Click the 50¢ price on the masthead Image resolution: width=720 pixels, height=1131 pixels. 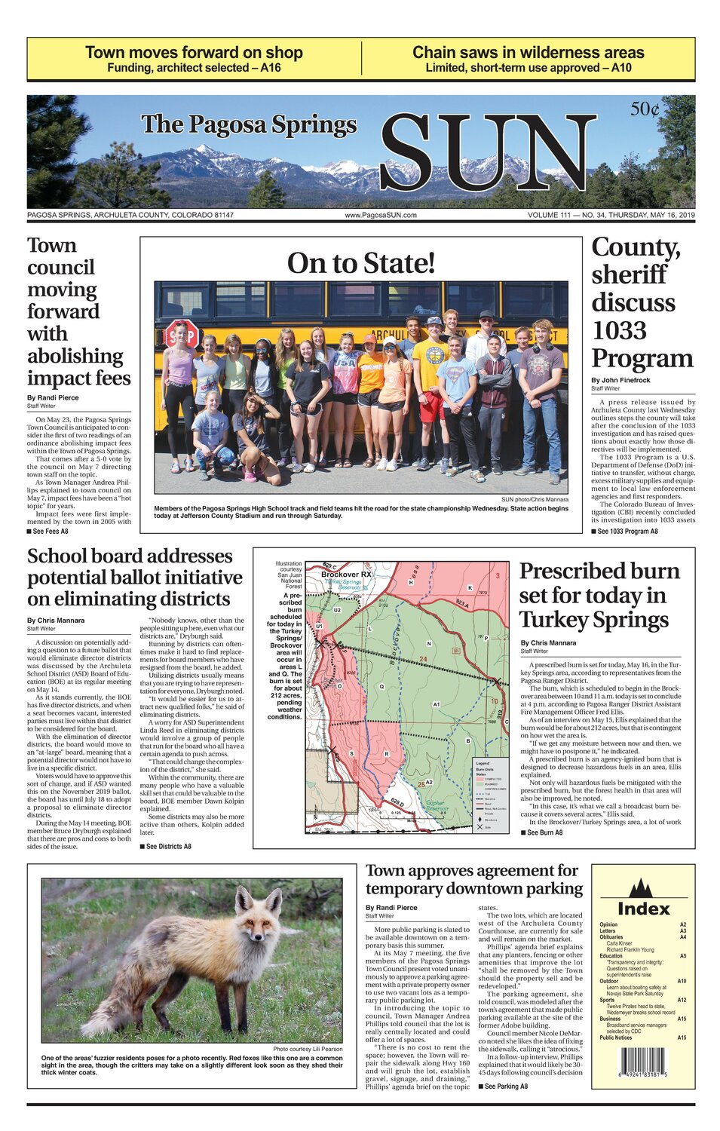coord(645,110)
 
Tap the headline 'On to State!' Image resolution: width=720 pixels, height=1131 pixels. coord(361,263)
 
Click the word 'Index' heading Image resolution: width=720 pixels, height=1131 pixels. coord(643,909)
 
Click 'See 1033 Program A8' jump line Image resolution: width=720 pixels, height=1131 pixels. coord(627,532)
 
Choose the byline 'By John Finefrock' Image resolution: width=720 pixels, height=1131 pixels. coord(620,380)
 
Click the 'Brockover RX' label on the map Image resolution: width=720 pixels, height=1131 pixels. coord(346,575)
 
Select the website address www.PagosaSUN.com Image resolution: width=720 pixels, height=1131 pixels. coord(381,216)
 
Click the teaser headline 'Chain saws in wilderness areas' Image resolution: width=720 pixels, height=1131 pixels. coord(528,53)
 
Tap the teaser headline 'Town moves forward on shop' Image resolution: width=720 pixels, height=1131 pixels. coord(194,53)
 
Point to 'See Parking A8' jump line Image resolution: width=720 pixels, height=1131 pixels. coord(506,1087)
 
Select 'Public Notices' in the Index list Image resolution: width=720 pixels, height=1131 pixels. coord(616,1038)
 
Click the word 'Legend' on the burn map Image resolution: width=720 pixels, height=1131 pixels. coord(483,764)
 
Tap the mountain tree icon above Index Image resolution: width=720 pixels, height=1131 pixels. coord(642,887)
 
